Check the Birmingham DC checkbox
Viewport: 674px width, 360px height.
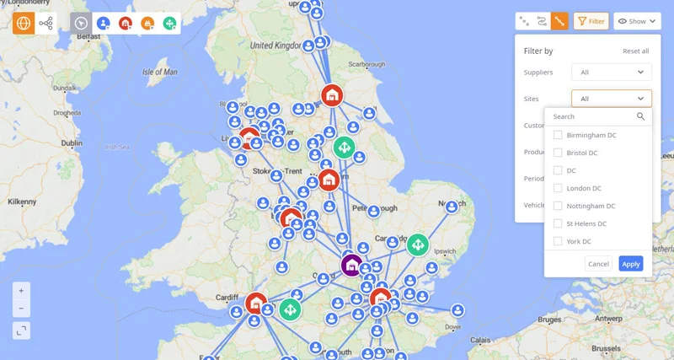coord(558,135)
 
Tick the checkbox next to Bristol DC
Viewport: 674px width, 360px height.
coord(558,153)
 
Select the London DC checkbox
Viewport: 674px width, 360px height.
coord(558,188)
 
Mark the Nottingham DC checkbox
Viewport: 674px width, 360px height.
coord(558,206)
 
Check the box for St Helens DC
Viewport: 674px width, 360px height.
coord(558,223)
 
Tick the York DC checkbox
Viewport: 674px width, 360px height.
coord(558,241)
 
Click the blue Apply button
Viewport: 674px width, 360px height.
coord(630,264)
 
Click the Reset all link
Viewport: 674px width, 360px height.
coord(635,51)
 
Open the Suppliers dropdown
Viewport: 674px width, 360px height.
coord(611,73)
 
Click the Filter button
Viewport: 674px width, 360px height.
coord(591,21)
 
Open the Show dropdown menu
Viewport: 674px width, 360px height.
coord(637,21)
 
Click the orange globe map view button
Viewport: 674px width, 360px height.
coord(23,23)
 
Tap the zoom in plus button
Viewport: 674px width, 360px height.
coord(22,289)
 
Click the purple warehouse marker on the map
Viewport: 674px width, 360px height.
coord(351,265)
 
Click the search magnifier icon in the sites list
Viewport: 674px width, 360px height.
coord(641,116)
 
